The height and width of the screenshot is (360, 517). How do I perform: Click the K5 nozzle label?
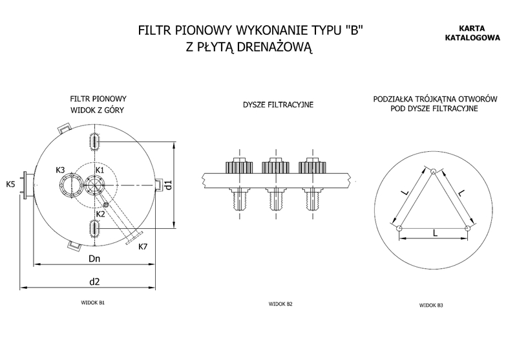point(10,185)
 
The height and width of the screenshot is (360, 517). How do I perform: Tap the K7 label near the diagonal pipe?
point(143,246)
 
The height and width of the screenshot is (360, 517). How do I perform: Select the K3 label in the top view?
point(60,170)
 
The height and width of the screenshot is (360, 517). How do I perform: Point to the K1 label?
point(100,170)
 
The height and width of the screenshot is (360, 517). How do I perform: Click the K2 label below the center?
point(100,213)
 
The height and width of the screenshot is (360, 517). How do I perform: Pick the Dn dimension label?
point(94,259)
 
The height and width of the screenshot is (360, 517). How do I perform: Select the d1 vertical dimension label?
point(167,186)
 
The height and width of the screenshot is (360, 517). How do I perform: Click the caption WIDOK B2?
point(280,304)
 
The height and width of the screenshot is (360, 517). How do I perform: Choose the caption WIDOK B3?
point(431,305)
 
